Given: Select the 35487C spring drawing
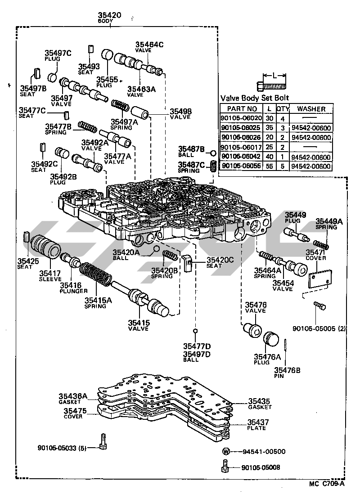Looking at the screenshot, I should click(x=214, y=169).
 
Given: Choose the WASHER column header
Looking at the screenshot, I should click(x=311, y=108).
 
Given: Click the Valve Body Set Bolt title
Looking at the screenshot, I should click(x=255, y=98).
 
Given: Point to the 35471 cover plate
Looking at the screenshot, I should click(x=320, y=279).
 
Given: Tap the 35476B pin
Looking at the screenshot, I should click(x=286, y=354).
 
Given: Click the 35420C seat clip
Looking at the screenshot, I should click(x=189, y=262).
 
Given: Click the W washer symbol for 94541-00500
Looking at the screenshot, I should click(x=226, y=451).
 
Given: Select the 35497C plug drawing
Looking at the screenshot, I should click(x=53, y=77).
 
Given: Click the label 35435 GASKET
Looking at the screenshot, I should click(x=260, y=403).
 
